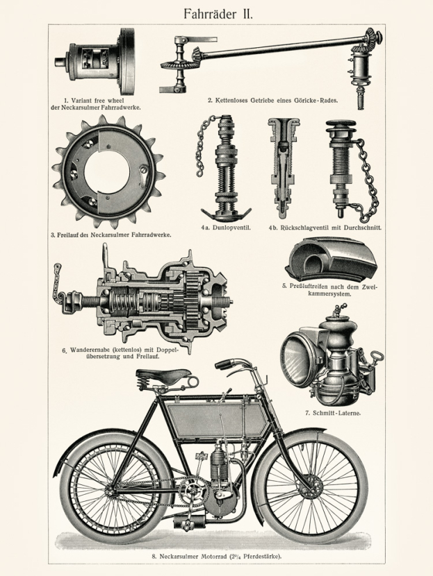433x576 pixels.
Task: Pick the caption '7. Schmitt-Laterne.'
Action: pos(334,412)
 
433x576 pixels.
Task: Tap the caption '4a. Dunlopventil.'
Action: pos(225,228)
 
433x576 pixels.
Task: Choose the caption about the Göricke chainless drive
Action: pos(272,100)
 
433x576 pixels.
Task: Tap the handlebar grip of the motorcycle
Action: pos(225,364)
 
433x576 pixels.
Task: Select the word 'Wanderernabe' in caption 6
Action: pos(91,349)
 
